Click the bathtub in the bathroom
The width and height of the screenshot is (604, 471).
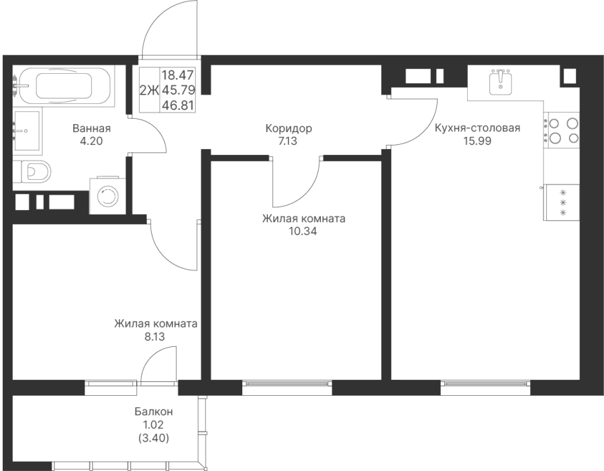(x=64, y=86)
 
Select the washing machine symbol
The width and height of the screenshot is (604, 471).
(x=108, y=196)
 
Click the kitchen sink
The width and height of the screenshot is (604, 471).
(x=501, y=83)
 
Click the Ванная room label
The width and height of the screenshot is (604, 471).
(x=92, y=128)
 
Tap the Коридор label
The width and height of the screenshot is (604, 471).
(x=289, y=128)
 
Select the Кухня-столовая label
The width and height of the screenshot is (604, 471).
(x=477, y=128)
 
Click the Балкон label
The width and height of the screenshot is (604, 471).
(x=154, y=412)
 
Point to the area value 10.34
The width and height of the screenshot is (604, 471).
(x=303, y=231)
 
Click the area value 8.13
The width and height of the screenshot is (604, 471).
(x=154, y=337)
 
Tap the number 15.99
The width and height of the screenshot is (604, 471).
(x=477, y=141)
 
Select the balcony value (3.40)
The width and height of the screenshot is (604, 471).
(x=154, y=438)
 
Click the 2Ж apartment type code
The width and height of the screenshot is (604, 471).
(x=149, y=91)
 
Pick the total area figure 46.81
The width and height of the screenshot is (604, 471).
(x=178, y=105)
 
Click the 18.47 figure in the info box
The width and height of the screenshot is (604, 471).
(x=178, y=74)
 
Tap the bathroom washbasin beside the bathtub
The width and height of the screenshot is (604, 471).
(x=27, y=131)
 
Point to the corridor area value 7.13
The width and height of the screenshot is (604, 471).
(x=288, y=142)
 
